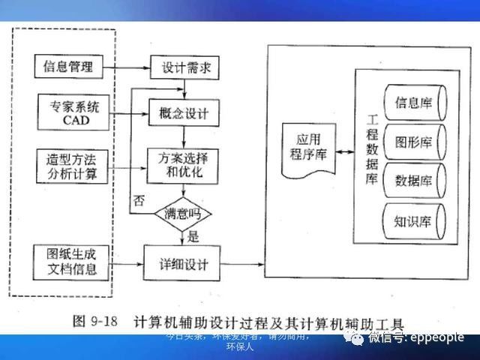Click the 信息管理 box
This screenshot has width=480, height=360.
(68, 67)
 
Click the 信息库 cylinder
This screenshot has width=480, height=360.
(415, 102)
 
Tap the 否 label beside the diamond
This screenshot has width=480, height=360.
(138, 200)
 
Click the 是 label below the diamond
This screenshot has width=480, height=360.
(193, 237)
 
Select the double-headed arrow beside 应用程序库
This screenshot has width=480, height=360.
(344, 152)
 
